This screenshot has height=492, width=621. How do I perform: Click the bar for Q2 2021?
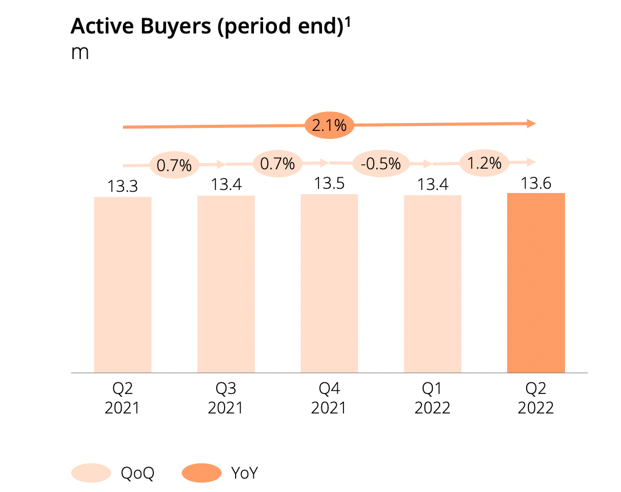point(122,284)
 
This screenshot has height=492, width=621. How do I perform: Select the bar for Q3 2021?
point(226,284)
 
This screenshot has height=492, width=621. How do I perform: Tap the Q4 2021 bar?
point(329,283)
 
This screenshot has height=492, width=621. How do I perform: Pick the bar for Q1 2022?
point(432,284)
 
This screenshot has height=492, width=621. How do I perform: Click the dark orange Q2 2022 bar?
point(536,283)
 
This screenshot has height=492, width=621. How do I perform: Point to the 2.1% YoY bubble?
point(329,126)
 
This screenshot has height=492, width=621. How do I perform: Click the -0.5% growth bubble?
point(381,163)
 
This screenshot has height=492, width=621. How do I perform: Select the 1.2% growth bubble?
point(484,163)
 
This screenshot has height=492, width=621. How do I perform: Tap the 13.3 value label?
point(122,187)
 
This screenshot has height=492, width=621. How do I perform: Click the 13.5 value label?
point(329,184)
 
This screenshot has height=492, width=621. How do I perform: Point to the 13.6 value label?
point(536,183)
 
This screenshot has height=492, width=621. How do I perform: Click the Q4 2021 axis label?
point(329,398)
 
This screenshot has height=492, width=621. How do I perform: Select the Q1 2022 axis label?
point(432,398)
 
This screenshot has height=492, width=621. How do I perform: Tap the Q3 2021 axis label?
point(226,398)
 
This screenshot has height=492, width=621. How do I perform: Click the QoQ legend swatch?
point(91,473)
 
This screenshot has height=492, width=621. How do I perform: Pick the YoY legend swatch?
point(201,473)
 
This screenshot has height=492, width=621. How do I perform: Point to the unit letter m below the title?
point(80,52)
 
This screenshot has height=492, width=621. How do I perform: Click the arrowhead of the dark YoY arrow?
point(531,123)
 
